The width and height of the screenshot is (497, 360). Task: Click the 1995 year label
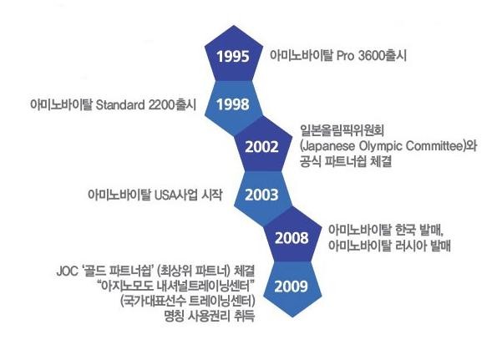(233, 57)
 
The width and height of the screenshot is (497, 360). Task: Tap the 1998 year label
(233, 104)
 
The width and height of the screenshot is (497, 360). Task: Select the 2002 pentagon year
(261, 147)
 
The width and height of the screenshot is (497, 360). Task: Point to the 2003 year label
(261, 195)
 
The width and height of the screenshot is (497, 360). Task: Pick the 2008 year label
(292, 238)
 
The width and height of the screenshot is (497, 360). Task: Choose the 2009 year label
(291, 286)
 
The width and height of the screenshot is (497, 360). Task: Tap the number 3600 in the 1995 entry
(371, 56)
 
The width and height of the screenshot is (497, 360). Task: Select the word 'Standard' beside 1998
(120, 104)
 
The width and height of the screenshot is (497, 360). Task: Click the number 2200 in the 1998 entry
(161, 104)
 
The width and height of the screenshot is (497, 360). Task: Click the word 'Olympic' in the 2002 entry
(381, 147)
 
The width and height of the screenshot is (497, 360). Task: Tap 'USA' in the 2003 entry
(165, 195)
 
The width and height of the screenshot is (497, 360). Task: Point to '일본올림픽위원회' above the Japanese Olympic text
(342, 130)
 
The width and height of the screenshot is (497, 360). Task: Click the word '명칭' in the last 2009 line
(174, 316)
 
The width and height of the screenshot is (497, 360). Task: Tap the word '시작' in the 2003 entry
(212, 195)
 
